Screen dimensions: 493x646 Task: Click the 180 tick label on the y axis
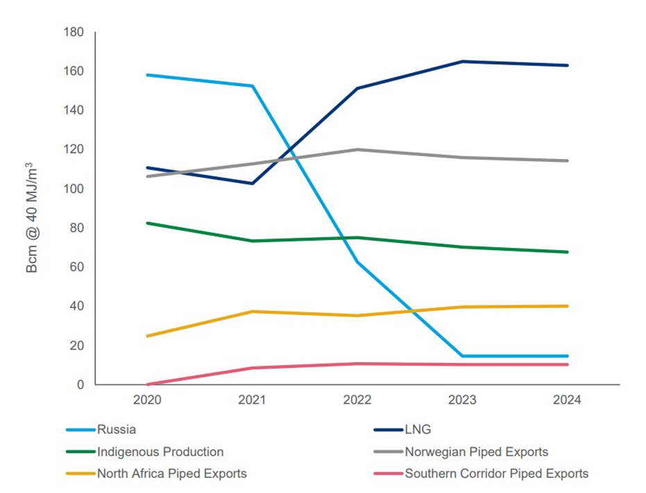coord(74,33)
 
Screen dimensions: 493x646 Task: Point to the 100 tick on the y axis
coord(74,189)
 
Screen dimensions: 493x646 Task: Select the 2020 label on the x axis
coord(147,401)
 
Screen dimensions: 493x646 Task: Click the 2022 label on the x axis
coord(357,401)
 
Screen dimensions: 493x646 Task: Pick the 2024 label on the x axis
coord(567,401)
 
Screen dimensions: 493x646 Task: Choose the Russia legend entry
coord(116,431)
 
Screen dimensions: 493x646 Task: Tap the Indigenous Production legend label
coord(160,452)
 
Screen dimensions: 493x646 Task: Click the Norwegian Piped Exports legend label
coord(476,452)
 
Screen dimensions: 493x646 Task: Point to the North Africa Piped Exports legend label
coord(171,474)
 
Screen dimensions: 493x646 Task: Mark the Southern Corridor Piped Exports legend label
coord(496,474)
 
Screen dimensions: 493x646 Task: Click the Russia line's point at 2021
coord(253,86)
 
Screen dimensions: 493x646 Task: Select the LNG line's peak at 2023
coord(462,62)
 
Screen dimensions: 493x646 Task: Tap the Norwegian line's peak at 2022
coord(357,149)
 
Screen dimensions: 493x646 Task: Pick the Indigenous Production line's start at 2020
coord(147,223)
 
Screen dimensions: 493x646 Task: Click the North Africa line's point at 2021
coord(253,311)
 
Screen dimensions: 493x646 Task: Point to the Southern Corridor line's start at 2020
coord(147,384)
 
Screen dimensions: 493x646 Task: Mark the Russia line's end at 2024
coord(568,356)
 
